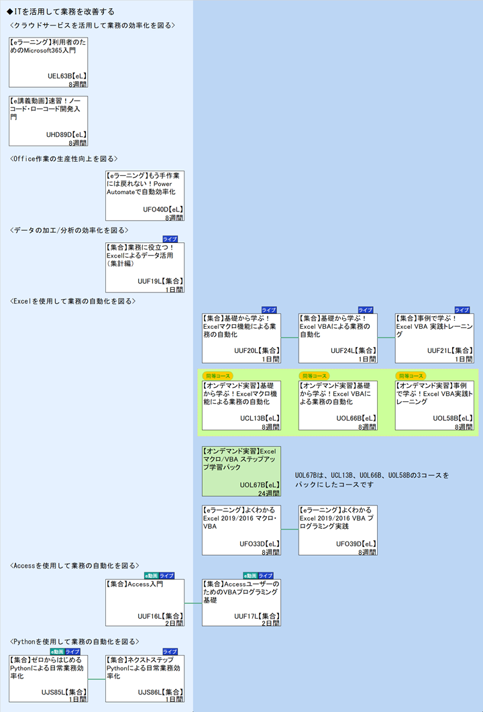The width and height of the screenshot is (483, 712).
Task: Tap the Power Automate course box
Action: [x=145, y=195]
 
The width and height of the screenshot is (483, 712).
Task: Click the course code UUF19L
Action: [x=151, y=281]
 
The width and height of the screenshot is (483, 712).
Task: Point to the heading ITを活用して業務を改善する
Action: [x=60, y=11]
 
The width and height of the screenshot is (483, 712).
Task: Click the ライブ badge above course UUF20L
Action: [x=269, y=310]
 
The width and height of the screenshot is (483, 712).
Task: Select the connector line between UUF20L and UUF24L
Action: [x=290, y=338]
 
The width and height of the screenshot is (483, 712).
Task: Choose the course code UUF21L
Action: [x=441, y=350]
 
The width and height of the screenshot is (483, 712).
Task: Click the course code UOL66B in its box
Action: [x=350, y=418]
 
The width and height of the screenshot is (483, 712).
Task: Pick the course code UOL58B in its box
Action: [x=446, y=418]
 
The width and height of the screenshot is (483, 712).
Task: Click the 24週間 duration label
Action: [x=268, y=493]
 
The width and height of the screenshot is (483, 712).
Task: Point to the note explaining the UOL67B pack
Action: [x=372, y=479]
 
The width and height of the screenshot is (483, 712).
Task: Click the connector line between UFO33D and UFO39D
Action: [x=290, y=530]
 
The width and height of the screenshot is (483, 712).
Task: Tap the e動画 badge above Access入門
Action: [x=151, y=576]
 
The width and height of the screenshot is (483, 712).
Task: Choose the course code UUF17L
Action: [x=248, y=615]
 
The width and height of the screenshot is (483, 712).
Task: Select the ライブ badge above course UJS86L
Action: [x=170, y=652]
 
